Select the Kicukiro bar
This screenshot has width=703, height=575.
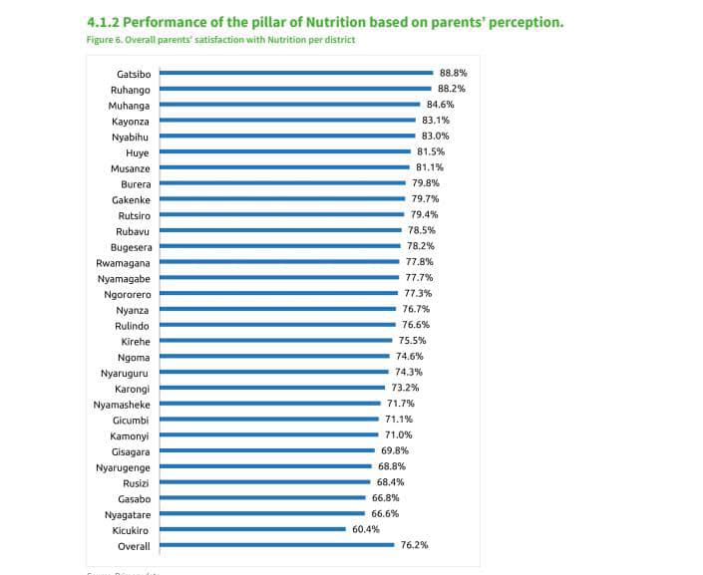click(x=252, y=530)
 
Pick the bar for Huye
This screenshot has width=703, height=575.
click(x=285, y=151)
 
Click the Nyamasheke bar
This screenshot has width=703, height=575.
click(x=270, y=404)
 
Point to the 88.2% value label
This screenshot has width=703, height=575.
click(x=451, y=89)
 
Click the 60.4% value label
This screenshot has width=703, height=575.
click(x=365, y=530)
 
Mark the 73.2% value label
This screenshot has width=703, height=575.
click(x=404, y=388)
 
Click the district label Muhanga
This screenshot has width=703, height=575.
click(x=131, y=105)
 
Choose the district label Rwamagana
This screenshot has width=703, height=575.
click(x=123, y=262)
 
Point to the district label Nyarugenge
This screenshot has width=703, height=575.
click(x=123, y=467)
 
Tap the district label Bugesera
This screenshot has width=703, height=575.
click(x=131, y=246)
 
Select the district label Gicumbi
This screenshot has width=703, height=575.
click(x=132, y=420)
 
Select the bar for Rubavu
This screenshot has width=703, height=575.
click(x=280, y=230)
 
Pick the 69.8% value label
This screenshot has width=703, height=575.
click(x=395, y=450)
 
